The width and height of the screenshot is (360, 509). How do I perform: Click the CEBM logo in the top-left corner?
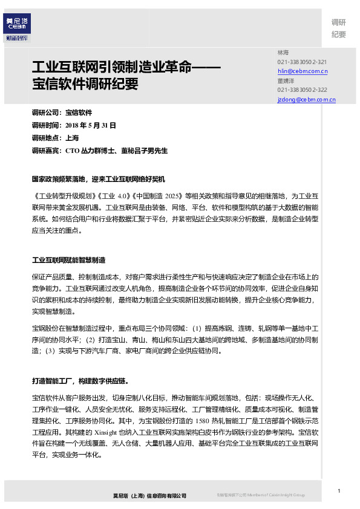click(x=17, y=27)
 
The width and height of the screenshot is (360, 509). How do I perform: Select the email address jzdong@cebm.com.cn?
click(x=306, y=99)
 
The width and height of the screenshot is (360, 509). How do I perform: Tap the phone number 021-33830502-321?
click(x=302, y=62)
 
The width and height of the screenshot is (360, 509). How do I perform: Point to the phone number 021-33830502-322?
click(x=302, y=89)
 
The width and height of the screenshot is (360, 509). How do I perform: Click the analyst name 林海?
click(x=283, y=53)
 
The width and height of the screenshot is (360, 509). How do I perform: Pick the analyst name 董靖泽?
click(x=286, y=80)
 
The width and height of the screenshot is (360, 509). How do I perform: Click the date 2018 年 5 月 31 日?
click(x=90, y=125)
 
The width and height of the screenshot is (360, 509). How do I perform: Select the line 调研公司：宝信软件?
click(x=62, y=112)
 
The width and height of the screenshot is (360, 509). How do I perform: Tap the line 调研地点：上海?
click(x=55, y=138)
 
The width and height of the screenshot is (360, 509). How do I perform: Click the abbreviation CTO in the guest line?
click(x=72, y=151)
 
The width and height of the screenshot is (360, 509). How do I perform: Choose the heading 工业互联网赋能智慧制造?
click(x=68, y=260)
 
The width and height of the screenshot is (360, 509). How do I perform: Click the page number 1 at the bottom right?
click(x=339, y=490)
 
